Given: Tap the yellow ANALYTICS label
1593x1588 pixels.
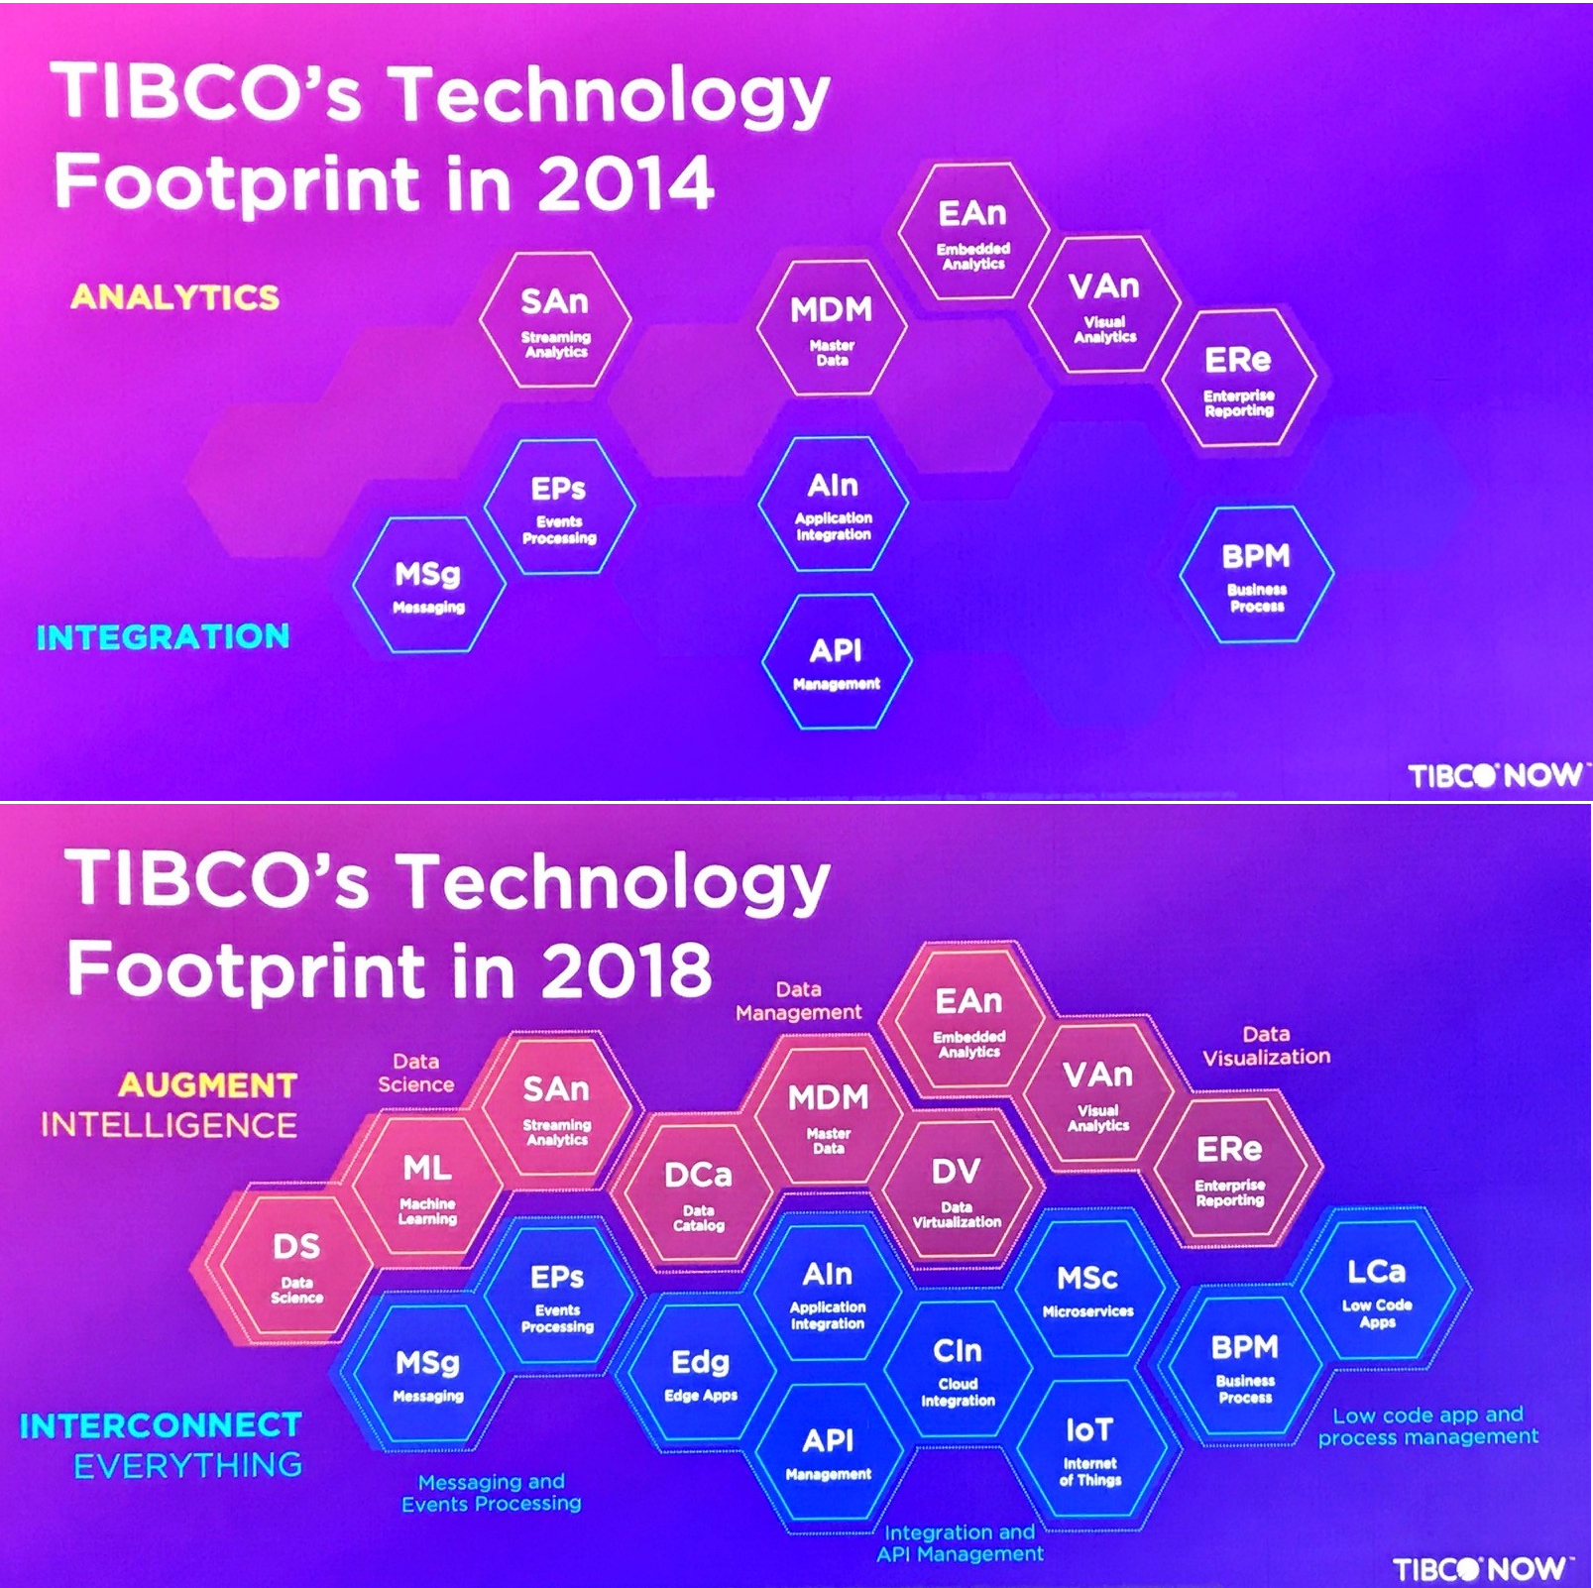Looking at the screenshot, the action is (x=174, y=296).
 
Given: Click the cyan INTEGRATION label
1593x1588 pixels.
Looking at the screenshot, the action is (x=163, y=636).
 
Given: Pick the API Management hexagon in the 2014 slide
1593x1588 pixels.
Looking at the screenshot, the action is (x=836, y=662).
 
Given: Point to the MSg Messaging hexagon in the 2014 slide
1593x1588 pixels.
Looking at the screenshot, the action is (x=428, y=585).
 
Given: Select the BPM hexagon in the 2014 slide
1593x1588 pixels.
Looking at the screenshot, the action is (x=1256, y=574).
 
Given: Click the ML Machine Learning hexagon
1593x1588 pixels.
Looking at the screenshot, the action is (x=427, y=1187).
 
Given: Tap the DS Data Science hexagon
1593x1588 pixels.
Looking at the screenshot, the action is (x=296, y=1266).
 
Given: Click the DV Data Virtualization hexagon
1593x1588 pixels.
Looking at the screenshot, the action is (x=956, y=1191).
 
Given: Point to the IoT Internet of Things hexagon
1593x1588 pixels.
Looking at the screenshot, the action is (x=1089, y=1447).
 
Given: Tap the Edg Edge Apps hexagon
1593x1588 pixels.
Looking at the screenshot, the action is (x=700, y=1373).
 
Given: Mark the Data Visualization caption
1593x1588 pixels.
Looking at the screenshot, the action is (x=1267, y=1046).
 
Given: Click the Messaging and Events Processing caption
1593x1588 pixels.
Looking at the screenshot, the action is (x=492, y=1492).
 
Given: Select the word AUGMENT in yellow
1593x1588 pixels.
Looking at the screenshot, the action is (x=207, y=1085).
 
